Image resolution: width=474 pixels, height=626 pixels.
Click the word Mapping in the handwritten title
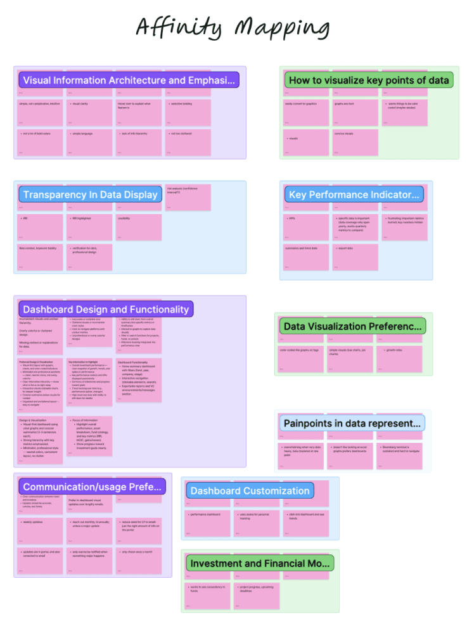coord(283,28)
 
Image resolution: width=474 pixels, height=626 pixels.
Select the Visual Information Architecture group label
coord(129,80)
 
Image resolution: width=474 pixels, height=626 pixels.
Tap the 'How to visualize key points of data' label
coord(369,80)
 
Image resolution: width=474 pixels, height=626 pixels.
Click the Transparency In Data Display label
coord(90,195)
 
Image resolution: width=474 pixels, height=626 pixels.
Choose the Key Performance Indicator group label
coord(354,195)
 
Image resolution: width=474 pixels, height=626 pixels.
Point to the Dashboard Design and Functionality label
coord(106,309)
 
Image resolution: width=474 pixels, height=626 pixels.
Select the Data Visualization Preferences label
coord(352,326)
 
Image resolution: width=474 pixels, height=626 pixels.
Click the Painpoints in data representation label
coord(352,423)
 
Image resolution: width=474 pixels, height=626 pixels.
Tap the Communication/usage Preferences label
coord(93,486)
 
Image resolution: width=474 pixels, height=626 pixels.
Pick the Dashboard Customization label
coord(250,490)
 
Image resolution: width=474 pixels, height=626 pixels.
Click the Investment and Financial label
coord(260,563)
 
